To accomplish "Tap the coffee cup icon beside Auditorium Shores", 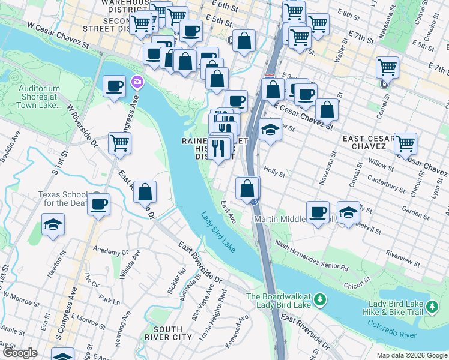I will click(114, 86).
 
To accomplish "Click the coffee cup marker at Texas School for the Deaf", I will click(98, 203).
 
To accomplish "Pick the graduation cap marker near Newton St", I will click(53, 224).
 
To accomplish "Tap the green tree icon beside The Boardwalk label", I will click(321, 298).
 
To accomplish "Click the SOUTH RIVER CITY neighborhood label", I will click(173, 334).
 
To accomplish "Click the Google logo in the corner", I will click(19, 353).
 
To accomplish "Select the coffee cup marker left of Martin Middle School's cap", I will click(318, 212).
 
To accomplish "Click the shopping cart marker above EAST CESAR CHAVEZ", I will click(405, 143).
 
